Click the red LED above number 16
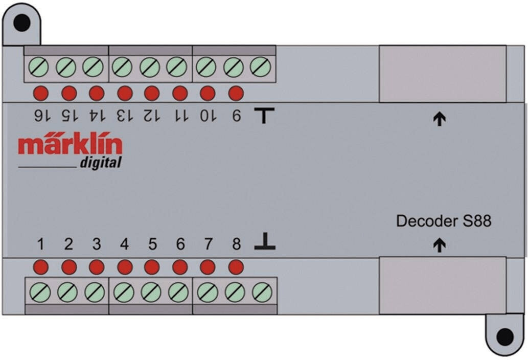pyautogui.click(x=41, y=93)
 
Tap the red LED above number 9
pyautogui.click(x=236, y=93)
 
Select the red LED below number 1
pyautogui.click(x=41, y=267)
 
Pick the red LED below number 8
pyautogui.click(x=236, y=267)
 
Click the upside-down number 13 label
pyautogui.click(x=125, y=116)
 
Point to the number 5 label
pyautogui.click(x=152, y=244)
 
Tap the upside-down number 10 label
pyautogui.click(x=209, y=116)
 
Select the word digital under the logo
pyautogui.click(x=100, y=163)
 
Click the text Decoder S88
pyautogui.click(x=444, y=221)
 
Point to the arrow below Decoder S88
pyautogui.click(x=439, y=245)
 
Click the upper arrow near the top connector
pyautogui.click(x=439, y=119)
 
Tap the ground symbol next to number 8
pyautogui.click(x=265, y=241)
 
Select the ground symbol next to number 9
pyautogui.click(x=264, y=116)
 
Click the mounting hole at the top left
pyautogui.click(x=22, y=23)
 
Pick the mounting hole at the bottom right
pyautogui.click(x=505, y=337)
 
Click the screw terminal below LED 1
pyautogui.click(x=40, y=292)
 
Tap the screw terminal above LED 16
pyautogui.click(x=38, y=66)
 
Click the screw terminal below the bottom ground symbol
pyautogui.click(x=262, y=292)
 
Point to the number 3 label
pyautogui.click(x=97, y=244)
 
